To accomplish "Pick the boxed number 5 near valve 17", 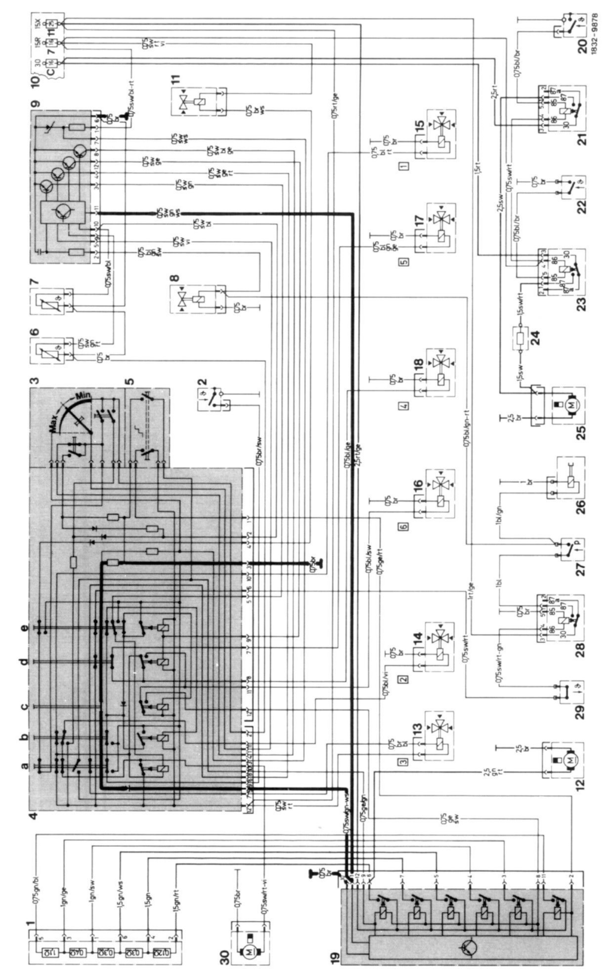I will pos(405,262).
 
